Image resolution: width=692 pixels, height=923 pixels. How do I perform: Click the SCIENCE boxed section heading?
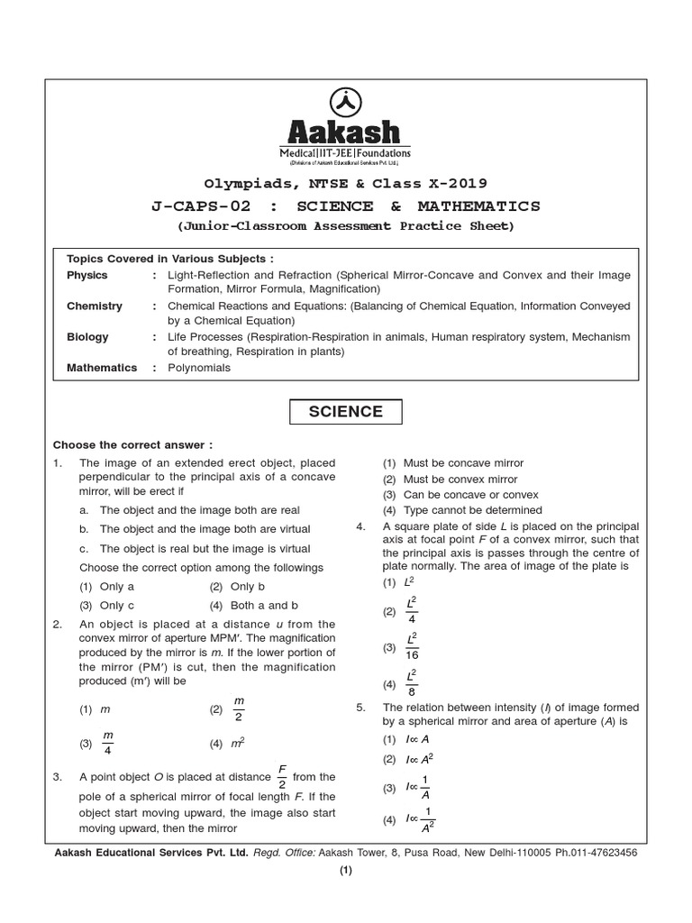tap(346, 412)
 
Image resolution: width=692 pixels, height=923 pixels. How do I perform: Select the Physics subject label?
tap(87, 275)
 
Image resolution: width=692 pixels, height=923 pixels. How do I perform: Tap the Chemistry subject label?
tap(95, 306)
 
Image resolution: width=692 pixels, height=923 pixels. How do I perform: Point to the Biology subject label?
tap(87, 336)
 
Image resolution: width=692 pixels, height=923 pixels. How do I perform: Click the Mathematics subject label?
tap(102, 368)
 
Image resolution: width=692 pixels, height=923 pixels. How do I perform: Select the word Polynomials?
tap(199, 368)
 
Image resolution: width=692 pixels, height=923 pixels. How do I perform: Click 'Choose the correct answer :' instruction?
tap(133, 444)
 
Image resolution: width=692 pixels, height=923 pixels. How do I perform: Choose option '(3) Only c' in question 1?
tap(107, 606)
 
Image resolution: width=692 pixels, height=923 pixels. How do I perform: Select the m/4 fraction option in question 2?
tap(108, 744)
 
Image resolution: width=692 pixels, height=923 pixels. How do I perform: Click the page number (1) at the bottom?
tap(346, 871)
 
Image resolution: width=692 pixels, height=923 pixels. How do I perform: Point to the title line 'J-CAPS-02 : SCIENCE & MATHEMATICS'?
tap(346, 206)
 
